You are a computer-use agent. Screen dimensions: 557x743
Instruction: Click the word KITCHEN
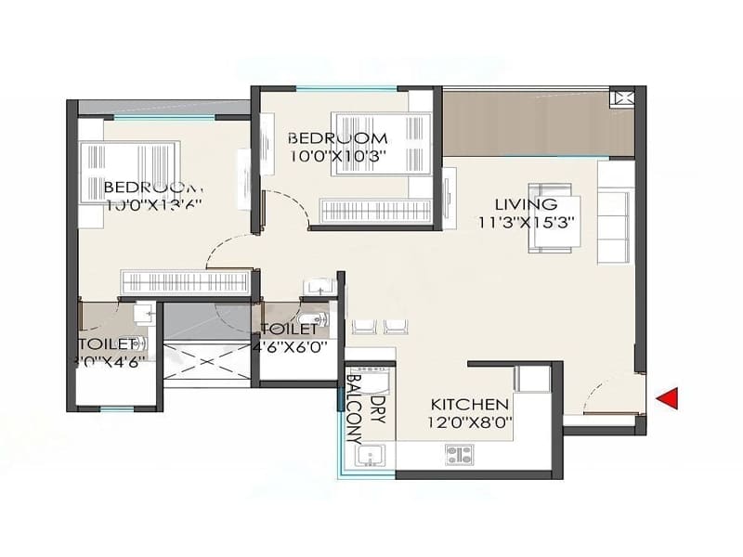tap(469, 405)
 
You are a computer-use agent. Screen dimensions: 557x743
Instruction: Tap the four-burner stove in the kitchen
tap(460, 454)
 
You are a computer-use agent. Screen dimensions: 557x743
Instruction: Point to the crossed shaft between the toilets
tap(207, 361)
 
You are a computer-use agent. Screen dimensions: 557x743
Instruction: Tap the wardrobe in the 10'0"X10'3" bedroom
tap(375, 210)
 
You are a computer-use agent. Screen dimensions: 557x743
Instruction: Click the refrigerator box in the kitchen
tap(534, 380)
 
